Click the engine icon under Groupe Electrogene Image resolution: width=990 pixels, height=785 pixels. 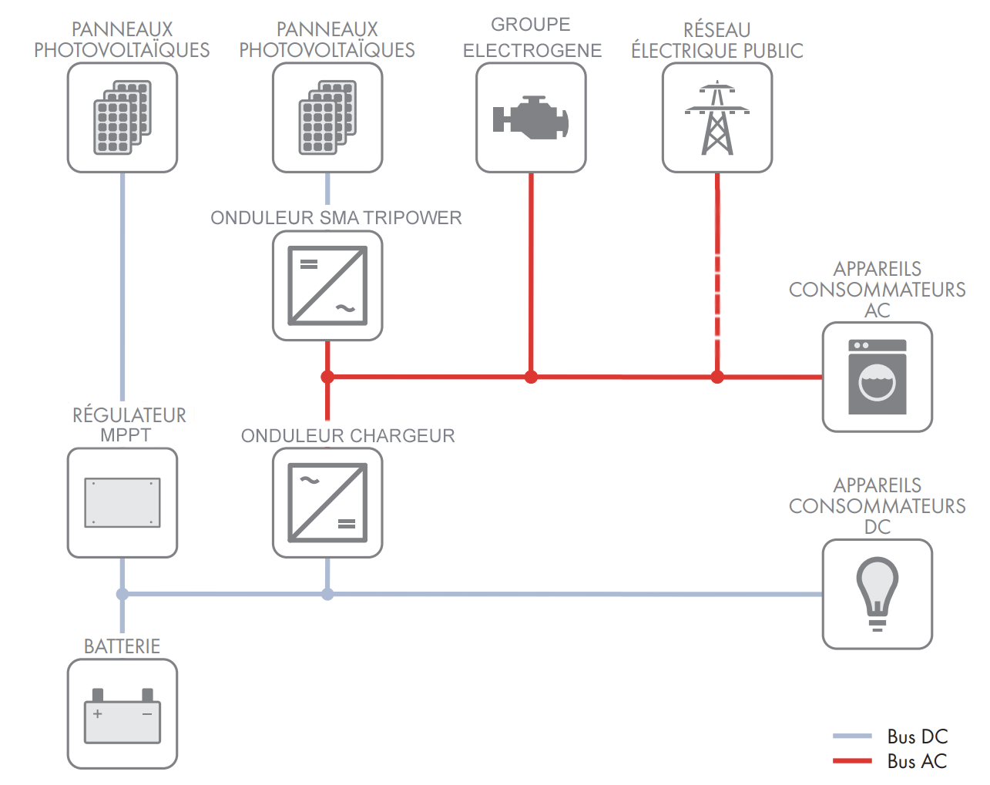click(531, 118)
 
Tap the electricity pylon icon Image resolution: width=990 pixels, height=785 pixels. click(717, 118)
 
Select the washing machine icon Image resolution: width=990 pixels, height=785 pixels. click(878, 377)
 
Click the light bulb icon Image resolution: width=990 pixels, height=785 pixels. click(878, 594)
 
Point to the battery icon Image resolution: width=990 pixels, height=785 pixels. click(122, 716)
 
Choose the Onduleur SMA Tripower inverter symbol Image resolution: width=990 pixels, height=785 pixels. click(327, 286)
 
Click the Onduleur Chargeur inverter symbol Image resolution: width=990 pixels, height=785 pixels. click(327, 503)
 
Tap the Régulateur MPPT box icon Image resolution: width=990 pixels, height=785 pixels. click(122, 503)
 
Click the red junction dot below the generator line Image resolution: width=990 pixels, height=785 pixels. click(531, 377)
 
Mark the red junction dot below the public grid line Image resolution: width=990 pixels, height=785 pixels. click(717, 377)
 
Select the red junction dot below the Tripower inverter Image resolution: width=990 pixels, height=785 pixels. click(327, 377)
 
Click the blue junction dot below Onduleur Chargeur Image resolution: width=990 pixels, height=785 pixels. click(327, 594)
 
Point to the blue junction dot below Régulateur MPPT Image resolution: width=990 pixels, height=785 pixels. click(122, 594)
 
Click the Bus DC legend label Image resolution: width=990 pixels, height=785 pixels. click(917, 736)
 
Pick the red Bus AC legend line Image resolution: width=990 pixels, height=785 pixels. click(852, 761)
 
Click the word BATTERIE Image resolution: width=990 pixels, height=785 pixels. click(122, 646)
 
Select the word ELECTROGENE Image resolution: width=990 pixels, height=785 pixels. click(532, 51)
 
